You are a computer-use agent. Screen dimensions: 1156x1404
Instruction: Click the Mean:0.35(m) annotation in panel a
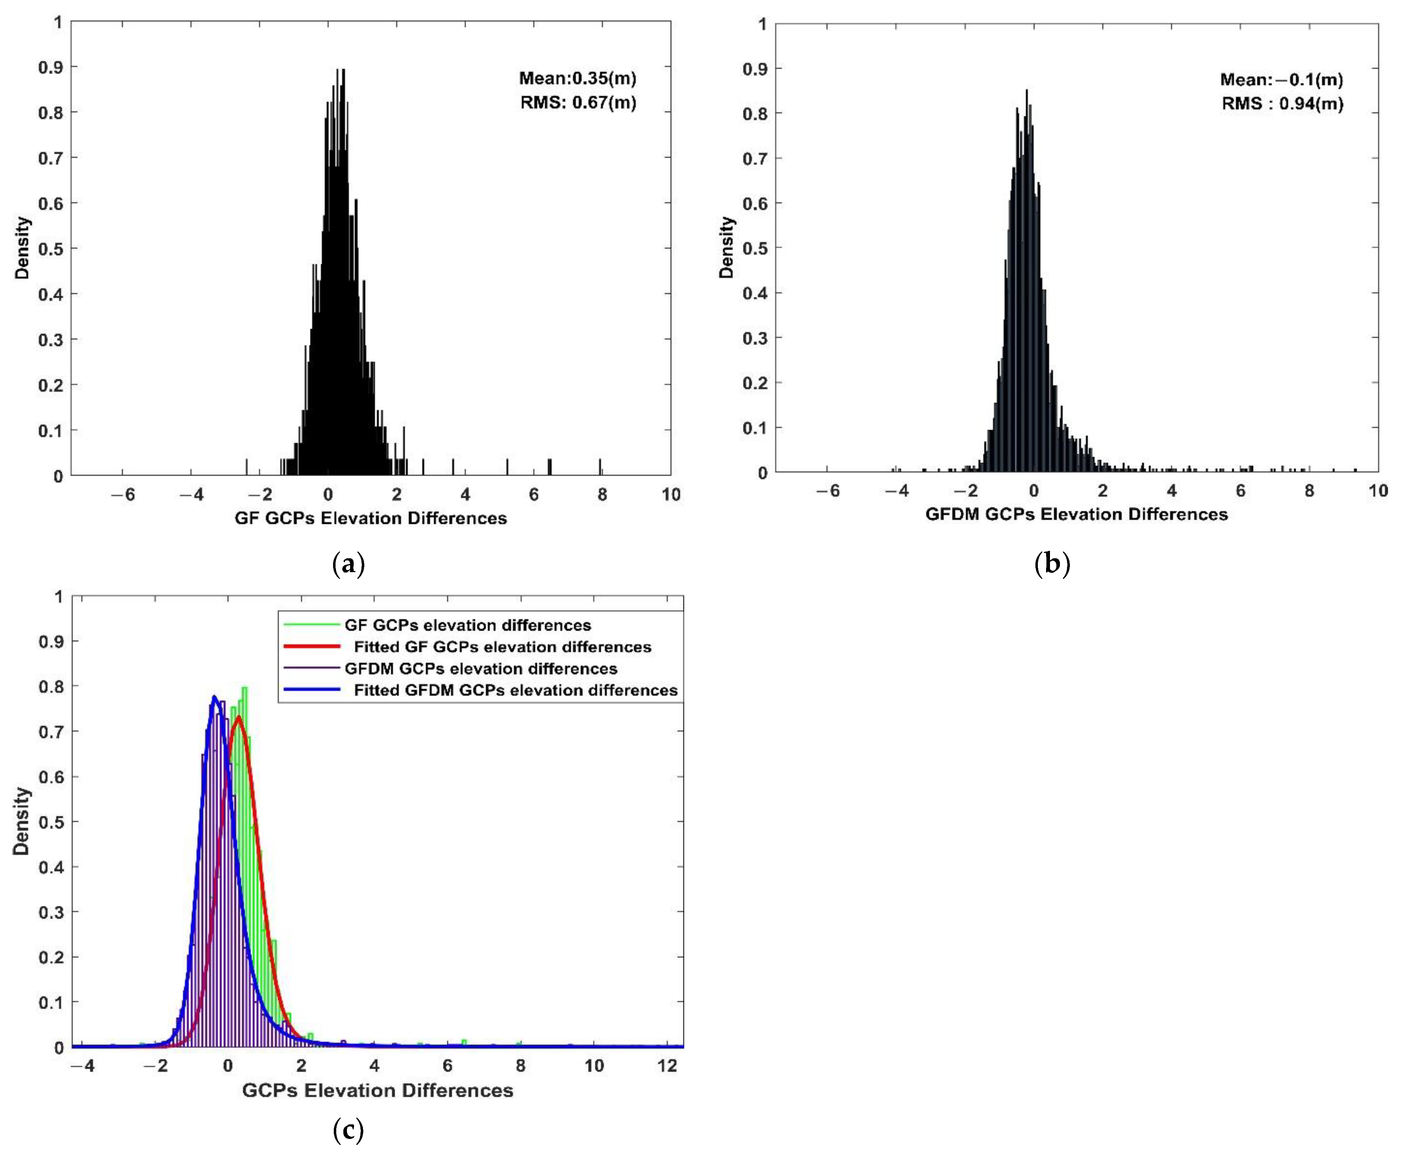point(577,79)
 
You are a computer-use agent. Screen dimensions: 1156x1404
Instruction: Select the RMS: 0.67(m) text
point(578,102)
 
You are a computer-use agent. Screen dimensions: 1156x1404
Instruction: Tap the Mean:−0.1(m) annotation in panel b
point(1281,80)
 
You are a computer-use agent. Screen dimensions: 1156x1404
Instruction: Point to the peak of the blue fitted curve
point(214,697)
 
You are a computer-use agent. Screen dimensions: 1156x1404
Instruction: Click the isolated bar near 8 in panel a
point(600,466)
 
